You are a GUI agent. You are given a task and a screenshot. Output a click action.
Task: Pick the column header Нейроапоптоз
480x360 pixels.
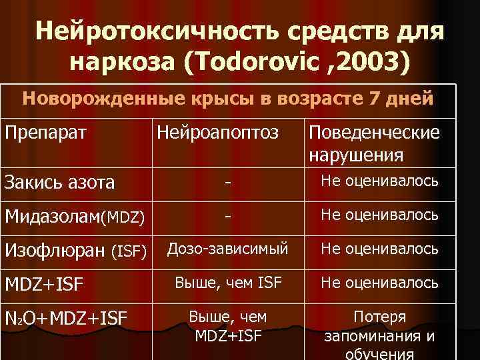point(217,132)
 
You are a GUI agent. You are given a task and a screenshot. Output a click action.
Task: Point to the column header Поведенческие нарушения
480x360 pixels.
point(373,143)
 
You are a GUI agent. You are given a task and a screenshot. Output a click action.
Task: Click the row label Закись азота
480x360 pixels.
point(59,181)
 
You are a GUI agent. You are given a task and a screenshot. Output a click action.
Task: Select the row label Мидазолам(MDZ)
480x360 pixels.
point(75,216)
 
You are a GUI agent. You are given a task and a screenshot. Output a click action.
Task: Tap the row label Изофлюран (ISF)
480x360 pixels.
point(75,251)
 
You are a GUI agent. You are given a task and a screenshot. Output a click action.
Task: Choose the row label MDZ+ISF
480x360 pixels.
point(45,285)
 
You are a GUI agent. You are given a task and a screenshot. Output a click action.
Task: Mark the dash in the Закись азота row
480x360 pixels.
point(228,181)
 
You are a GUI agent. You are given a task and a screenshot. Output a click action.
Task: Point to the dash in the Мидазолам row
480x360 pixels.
point(228,216)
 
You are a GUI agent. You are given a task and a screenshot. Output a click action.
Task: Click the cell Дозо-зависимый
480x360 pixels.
point(228,249)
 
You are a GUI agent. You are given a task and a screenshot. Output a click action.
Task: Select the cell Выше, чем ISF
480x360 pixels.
point(228,283)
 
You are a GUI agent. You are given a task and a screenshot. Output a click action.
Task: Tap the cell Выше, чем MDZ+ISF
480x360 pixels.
point(228,327)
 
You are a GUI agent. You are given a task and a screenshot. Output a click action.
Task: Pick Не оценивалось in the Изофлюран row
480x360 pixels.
point(379,249)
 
